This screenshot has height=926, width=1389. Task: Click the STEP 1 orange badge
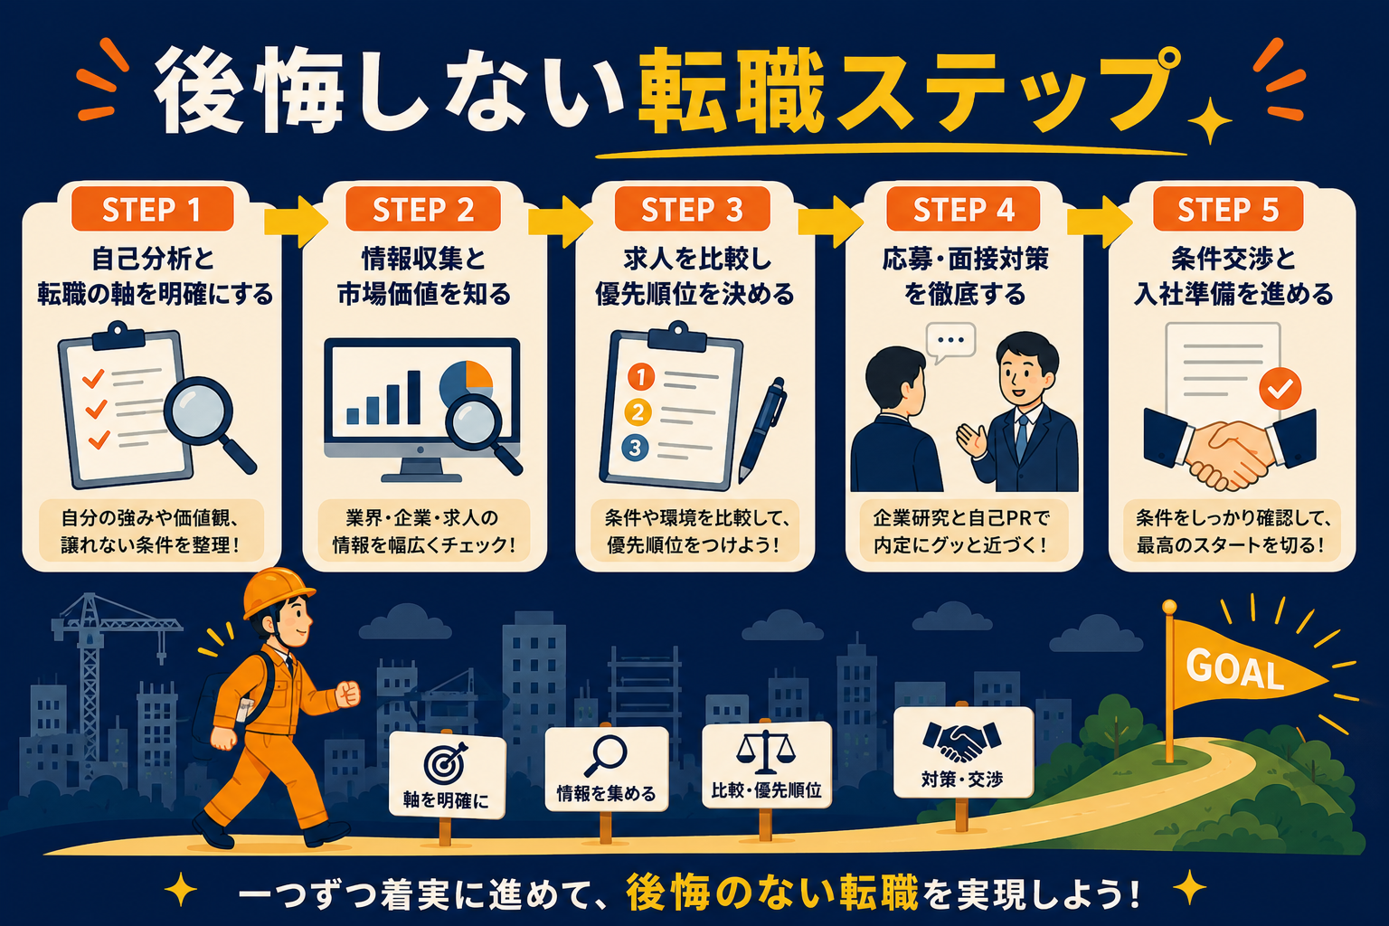[x=153, y=209]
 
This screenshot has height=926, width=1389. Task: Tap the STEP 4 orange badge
[x=963, y=209]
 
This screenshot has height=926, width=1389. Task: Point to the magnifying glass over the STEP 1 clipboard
[x=208, y=421]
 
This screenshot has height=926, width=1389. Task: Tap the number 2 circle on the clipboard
[x=638, y=412]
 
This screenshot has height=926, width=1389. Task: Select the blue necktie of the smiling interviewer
[x=1021, y=438]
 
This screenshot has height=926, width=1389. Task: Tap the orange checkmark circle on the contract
[x=1280, y=388]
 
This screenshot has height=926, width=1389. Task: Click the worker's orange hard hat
[x=277, y=592]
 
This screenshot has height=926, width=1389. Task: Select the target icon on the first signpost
[x=445, y=763]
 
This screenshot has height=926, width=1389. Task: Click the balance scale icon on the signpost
[x=766, y=751]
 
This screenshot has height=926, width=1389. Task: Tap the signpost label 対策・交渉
[x=962, y=779]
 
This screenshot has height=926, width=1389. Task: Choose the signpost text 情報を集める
[x=606, y=793]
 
